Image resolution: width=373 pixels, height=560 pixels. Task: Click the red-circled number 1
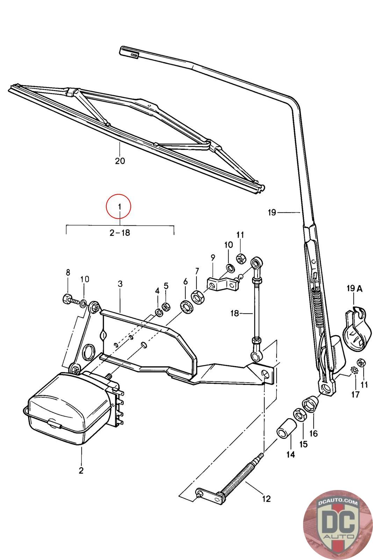[119, 207]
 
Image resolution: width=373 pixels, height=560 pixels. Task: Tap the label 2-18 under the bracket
[120, 232]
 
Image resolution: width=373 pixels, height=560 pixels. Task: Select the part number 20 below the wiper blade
[120, 161]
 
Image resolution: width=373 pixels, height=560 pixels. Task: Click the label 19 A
[354, 289]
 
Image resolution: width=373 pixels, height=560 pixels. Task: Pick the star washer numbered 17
[353, 370]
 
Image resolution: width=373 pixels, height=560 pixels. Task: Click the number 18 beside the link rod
[235, 313]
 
